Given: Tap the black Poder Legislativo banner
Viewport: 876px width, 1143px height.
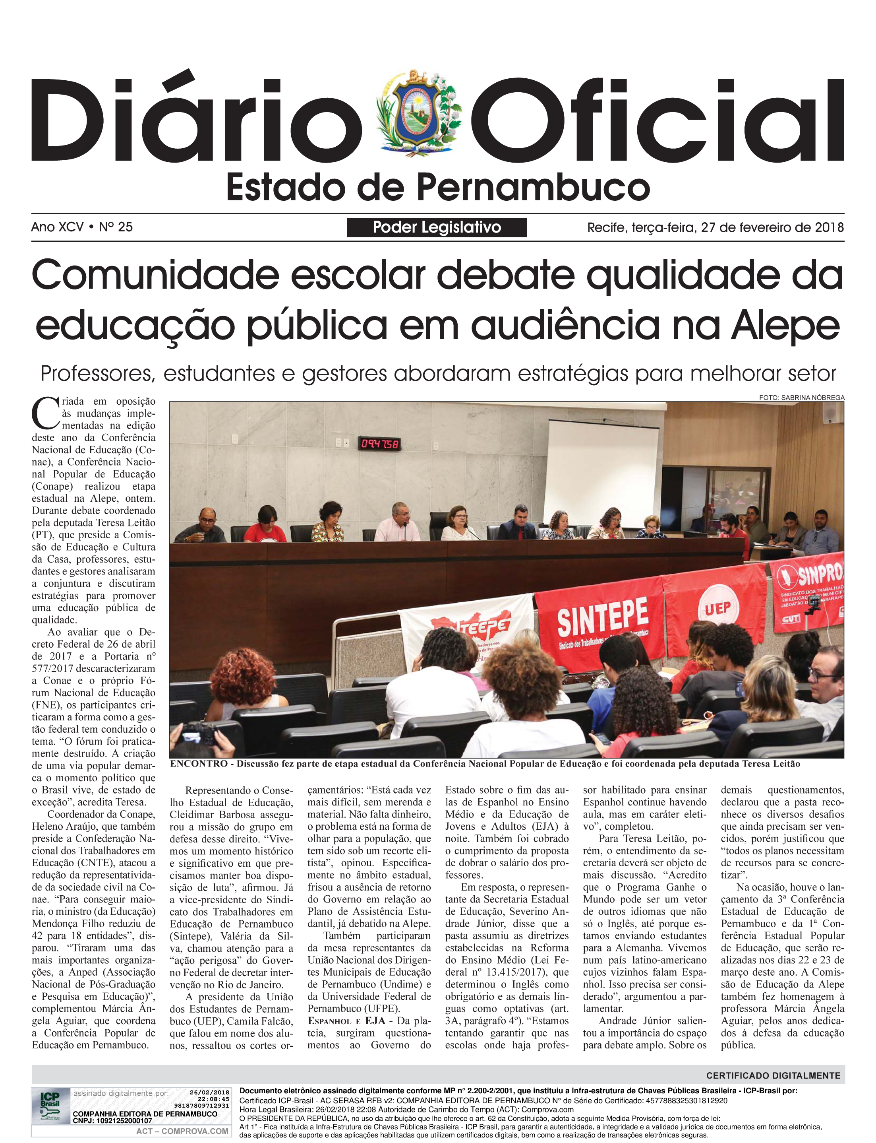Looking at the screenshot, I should pos(437,227).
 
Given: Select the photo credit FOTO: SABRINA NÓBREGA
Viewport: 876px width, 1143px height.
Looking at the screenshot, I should pos(801,398).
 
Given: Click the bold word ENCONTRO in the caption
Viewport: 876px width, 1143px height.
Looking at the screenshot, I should pos(198,764).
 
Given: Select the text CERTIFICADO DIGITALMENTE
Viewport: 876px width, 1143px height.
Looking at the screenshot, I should pos(773,1075).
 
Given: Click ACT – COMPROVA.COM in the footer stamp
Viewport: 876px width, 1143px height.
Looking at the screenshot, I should pos(182,1131).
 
